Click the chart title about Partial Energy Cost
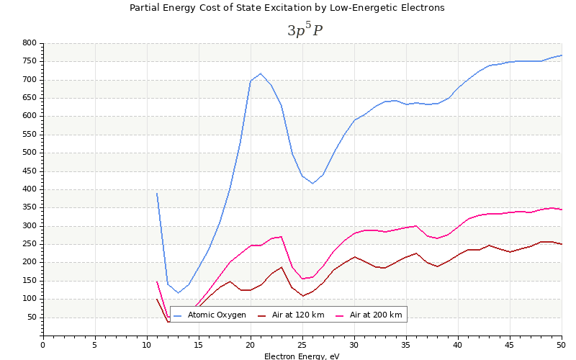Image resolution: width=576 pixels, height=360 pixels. [287, 8]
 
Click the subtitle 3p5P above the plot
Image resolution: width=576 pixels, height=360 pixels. [305, 30]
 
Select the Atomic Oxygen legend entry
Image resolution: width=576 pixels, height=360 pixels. [217, 315]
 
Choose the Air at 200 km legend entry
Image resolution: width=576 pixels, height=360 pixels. [375, 315]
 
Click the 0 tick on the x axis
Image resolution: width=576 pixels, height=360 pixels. [43, 345]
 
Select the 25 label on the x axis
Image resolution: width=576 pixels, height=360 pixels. [302, 345]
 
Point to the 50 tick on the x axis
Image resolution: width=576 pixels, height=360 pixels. [562, 345]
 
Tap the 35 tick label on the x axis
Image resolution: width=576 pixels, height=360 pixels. [406, 345]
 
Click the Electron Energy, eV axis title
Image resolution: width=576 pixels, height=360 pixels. [302, 356]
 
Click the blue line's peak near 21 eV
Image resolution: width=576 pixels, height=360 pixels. [261, 73]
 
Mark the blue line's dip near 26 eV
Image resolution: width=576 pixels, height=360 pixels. [312, 183]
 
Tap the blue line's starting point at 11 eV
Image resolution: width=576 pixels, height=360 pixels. [157, 193]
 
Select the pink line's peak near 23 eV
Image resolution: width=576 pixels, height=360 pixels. [282, 236]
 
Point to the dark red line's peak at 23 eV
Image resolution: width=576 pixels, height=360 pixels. [282, 267]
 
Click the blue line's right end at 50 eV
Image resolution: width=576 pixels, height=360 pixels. [562, 55]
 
